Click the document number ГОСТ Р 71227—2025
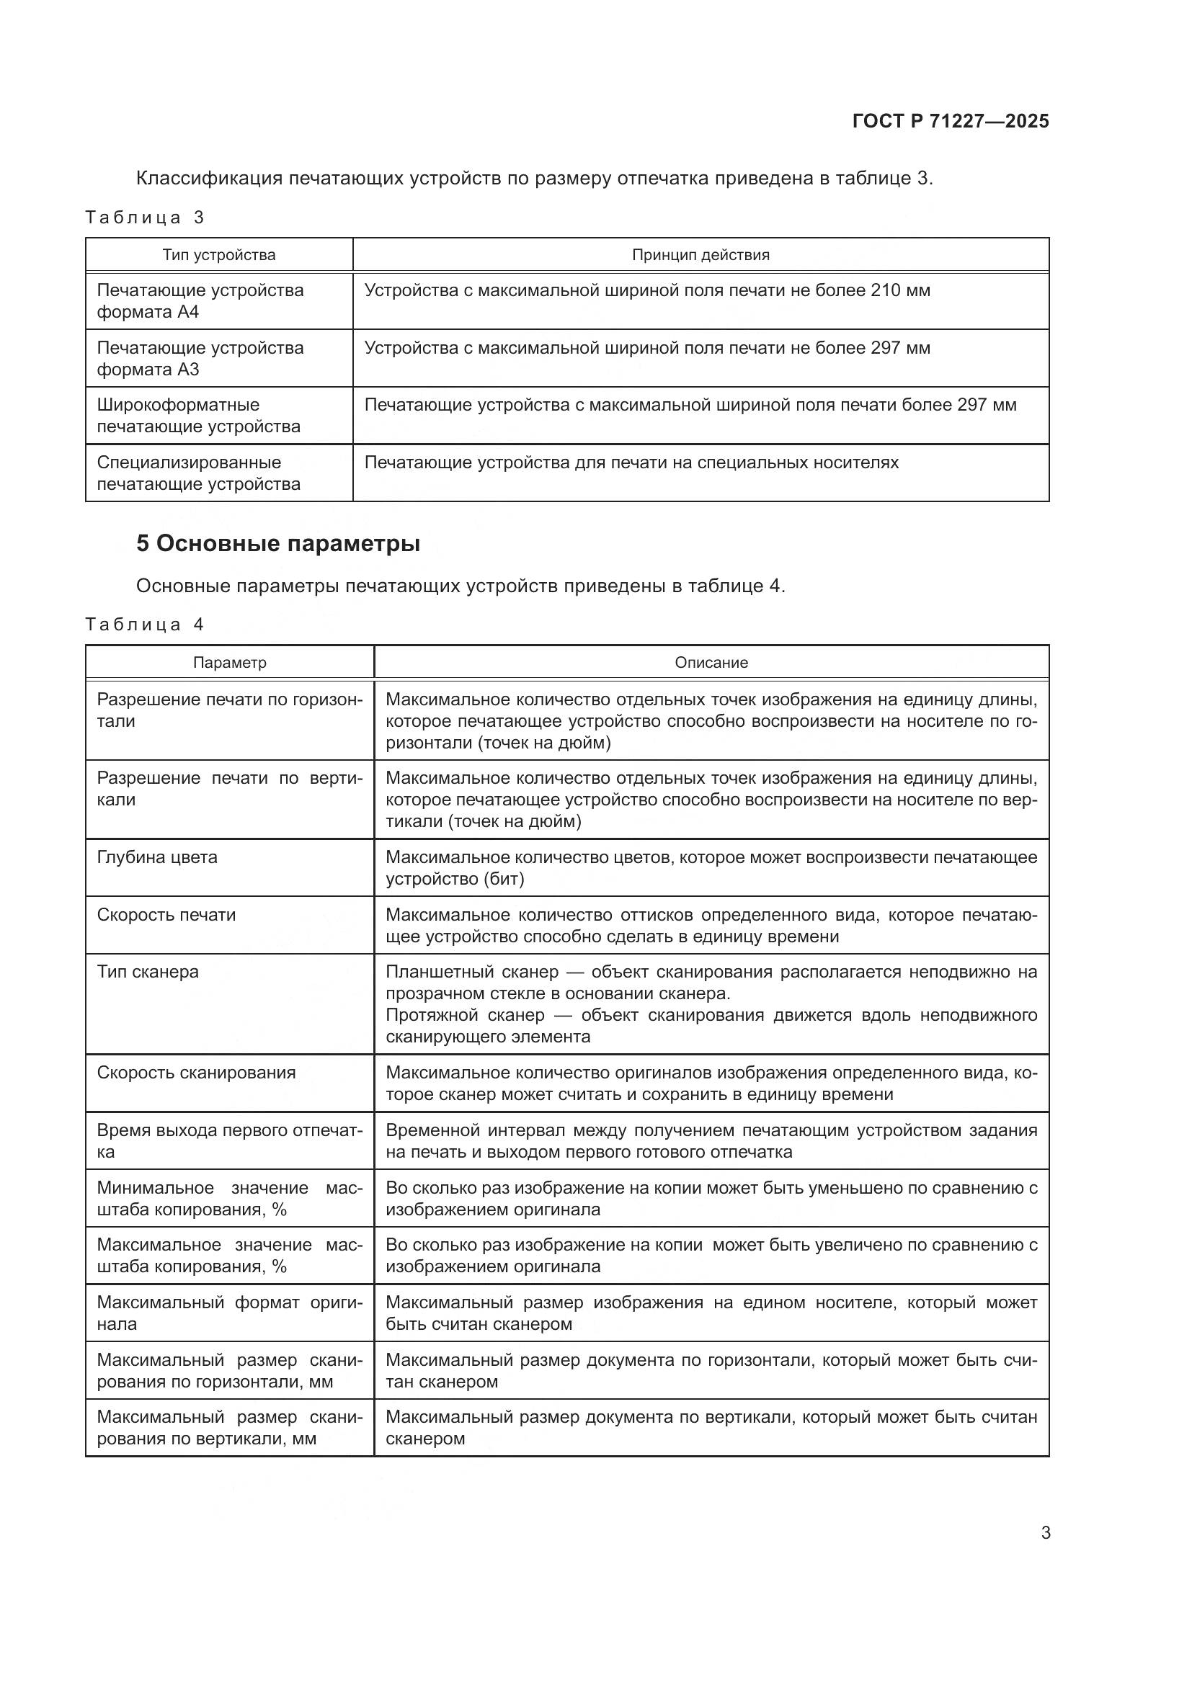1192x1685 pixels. coord(951,121)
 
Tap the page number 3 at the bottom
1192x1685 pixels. coord(1045,1532)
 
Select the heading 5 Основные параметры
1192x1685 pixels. coord(278,544)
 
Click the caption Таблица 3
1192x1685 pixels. coord(145,218)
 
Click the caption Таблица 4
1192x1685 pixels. coord(145,625)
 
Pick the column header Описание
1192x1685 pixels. coord(711,663)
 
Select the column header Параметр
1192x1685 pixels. coord(230,663)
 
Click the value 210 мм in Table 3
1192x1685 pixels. coord(900,290)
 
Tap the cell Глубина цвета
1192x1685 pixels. coord(157,857)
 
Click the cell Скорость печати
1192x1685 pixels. coord(166,915)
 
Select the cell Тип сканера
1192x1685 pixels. coord(148,972)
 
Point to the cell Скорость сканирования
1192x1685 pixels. coord(196,1073)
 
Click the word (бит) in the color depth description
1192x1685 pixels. coord(503,879)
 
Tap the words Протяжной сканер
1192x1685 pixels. coord(465,1015)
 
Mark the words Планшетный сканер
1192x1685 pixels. coord(472,972)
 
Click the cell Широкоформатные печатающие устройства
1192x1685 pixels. coord(199,416)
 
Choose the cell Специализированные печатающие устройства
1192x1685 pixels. coord(199,473)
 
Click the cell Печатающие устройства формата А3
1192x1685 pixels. coord(200,358)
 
